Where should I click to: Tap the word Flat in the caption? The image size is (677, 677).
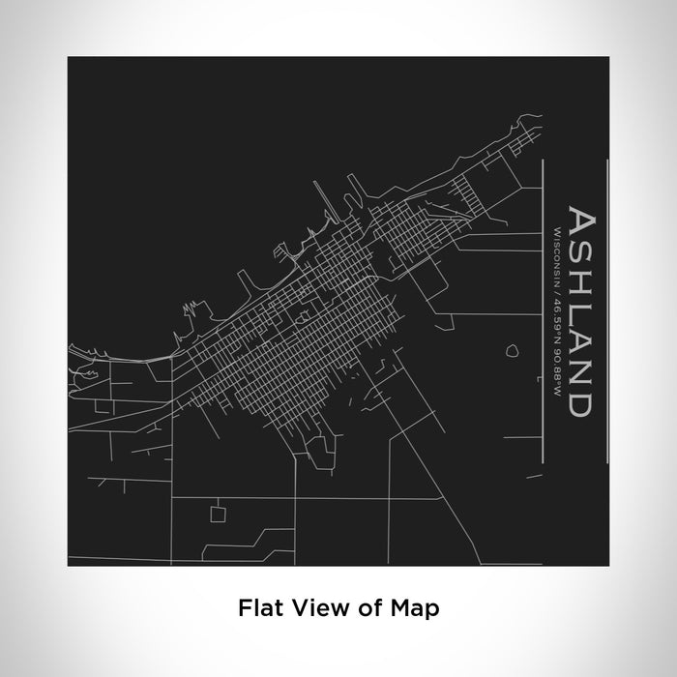tap(256, 609)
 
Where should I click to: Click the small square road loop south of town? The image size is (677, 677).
tap(219, 512)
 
